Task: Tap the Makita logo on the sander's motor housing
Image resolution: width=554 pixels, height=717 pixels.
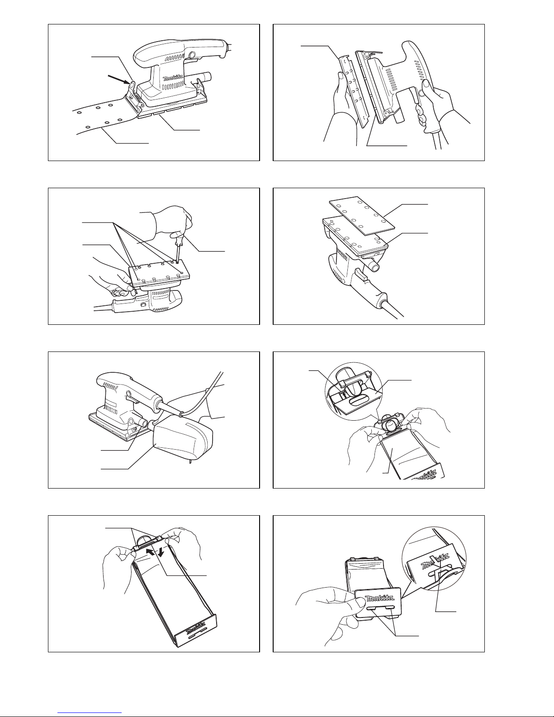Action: point(173,78)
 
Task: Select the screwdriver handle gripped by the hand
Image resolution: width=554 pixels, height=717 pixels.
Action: point(180,238)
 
